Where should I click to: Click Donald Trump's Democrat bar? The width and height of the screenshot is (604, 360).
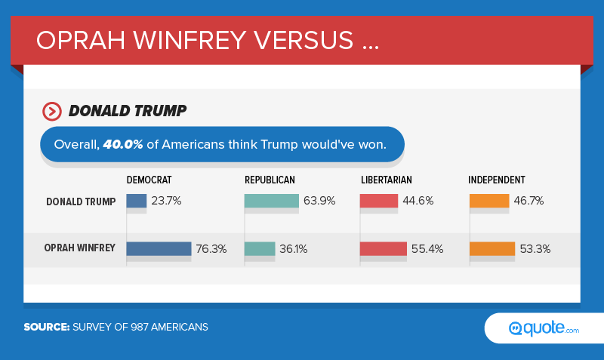coord(137,202)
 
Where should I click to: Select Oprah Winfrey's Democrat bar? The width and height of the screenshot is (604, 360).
coord(159,248)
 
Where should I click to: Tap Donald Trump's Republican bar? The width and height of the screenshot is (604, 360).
coord(272,202)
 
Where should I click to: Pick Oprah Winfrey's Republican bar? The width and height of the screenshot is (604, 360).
coord(260,248)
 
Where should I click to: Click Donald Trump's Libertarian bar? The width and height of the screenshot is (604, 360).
coord(379,202)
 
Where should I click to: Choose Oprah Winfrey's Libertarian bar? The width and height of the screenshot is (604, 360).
coord(384,248)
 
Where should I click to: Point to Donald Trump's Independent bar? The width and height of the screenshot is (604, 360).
coord(489,202)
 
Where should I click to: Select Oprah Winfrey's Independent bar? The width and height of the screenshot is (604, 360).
coord(492,248)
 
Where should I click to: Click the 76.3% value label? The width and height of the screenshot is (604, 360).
coord(212,249)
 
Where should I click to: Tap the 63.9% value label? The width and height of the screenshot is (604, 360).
coord(320,202)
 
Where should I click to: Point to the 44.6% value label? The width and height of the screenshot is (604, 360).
coord(420,202)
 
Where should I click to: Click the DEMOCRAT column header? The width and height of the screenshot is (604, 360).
coord(149,180)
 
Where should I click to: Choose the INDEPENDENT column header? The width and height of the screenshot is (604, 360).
coord(496,180)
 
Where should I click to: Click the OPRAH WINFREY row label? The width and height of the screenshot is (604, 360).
coord(79,248)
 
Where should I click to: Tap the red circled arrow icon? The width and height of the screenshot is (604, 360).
coord(52,112)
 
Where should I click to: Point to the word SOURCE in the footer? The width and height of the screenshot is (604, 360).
coord(46,327)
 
